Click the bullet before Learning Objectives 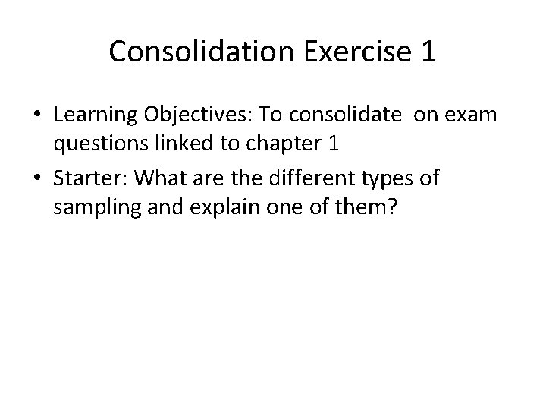tap(36, 115)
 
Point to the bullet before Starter tap(36, 180)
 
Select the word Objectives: tap(200, 116)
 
